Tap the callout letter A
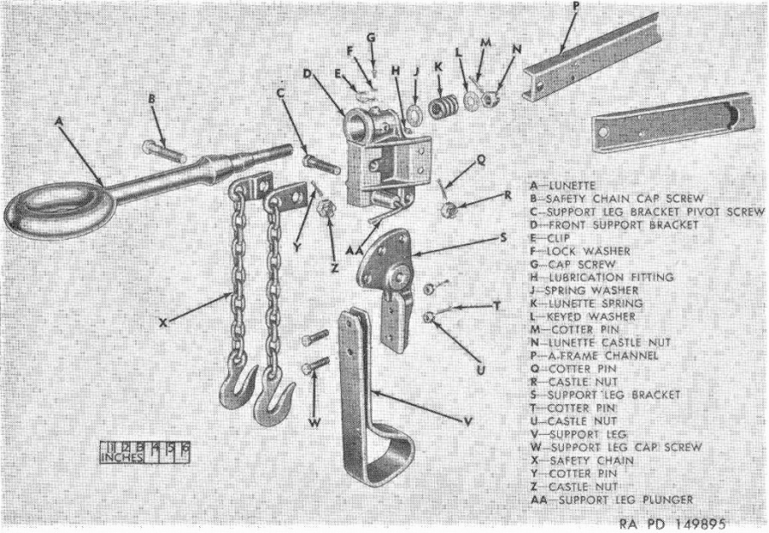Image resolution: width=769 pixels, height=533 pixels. [x=58, y=122]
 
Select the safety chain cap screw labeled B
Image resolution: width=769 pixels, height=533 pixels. [x=163, y=151]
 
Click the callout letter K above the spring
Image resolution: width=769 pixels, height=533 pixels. [x=439, y=67]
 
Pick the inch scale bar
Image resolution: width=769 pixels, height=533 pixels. [x=144, y=451]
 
